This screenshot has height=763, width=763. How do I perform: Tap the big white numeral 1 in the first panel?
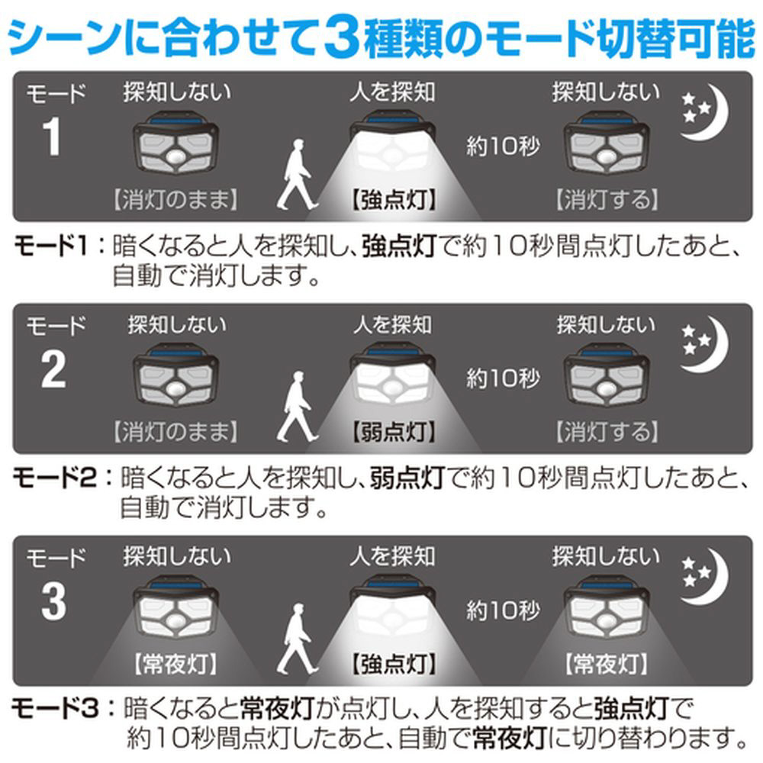[x=51, y=137]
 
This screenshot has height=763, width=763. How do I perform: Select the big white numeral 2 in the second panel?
[x=53, y=369]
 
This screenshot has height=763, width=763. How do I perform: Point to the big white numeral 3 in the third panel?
[x=53, y=601]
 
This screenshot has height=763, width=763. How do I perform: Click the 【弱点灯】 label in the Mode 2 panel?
[x=394, y=432]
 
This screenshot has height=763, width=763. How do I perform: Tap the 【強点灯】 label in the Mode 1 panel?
[x=394, y=199]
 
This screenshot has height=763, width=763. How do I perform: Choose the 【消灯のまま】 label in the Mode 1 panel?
[x=175, y=199]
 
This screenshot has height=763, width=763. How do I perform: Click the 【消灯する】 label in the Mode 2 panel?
[x=607, y=432]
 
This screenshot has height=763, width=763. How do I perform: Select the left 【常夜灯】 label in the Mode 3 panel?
[x=175, y=664]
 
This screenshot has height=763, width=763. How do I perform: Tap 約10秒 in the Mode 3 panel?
[x=503, y=610]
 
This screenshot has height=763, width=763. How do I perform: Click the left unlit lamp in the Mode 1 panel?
[x=175, y=143]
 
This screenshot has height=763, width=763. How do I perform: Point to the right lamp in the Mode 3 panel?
[x=607, y=607]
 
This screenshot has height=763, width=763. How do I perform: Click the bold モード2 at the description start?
[x=54, y=478]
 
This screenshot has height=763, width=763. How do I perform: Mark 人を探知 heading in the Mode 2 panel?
[x=393, y=324]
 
